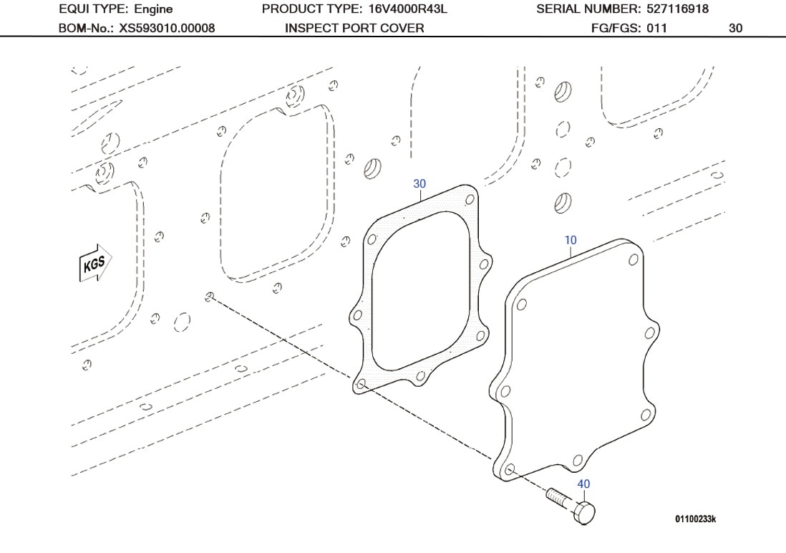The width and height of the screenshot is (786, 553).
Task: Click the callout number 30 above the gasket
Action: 419,184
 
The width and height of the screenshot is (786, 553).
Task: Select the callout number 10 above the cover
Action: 570,240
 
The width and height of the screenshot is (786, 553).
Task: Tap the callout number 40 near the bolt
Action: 583,484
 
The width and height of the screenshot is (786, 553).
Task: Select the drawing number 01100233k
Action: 694,518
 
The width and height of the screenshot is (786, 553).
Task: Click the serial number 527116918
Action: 677,9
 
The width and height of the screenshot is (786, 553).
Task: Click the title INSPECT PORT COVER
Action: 354,29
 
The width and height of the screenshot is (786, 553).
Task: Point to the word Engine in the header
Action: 153,9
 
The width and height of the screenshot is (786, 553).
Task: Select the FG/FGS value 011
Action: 656,29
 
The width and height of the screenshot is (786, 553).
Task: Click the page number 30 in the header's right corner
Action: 735,29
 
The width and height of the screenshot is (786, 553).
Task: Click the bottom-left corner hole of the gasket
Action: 361,385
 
